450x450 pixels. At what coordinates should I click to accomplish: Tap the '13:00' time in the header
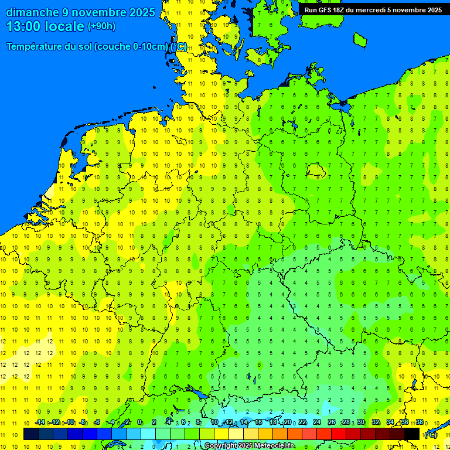(26, 26)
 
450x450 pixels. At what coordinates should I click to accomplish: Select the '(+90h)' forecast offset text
(101, 26)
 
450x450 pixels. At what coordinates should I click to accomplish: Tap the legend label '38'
(420, 422)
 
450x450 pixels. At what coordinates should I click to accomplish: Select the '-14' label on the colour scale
(40, 422)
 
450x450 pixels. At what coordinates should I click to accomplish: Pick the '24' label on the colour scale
(317, 422)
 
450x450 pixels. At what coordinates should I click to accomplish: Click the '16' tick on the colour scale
(258, 422)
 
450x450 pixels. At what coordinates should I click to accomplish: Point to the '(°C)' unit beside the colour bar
(431, 434)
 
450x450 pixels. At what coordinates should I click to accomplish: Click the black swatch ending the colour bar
(412, 434)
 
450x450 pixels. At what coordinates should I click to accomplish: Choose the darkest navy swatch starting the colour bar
(31, 434)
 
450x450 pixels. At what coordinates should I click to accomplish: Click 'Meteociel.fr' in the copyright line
(271, 446)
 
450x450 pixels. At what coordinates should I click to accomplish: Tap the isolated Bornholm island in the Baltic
(360, 40)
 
